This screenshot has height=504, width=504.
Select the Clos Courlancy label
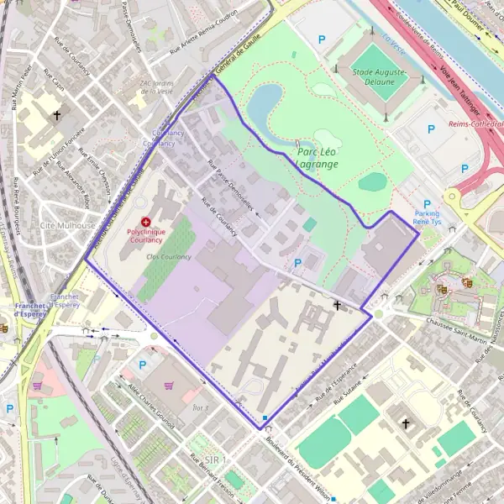click(168, 256)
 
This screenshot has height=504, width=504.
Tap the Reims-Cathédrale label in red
click(475, 124)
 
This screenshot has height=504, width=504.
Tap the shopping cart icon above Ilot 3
click(169, 386)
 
